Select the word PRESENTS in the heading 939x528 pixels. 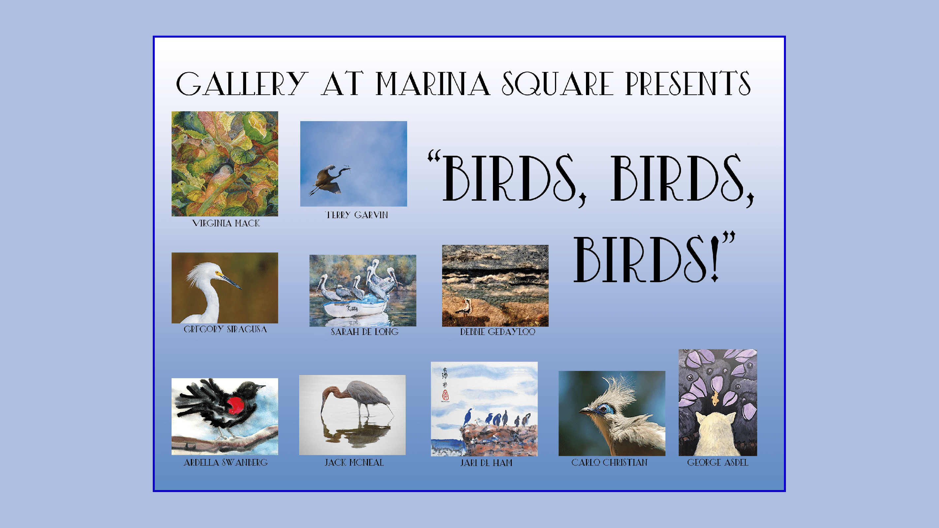688,83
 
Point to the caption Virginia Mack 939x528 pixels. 226,223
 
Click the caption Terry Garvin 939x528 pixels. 357,215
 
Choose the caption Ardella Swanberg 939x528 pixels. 226,463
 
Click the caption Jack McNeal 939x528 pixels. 354,463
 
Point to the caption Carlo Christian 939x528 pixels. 609,463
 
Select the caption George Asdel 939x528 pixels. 718,463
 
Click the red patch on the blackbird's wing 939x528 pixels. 236,406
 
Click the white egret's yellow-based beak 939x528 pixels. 229,279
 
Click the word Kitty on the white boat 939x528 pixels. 352,309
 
